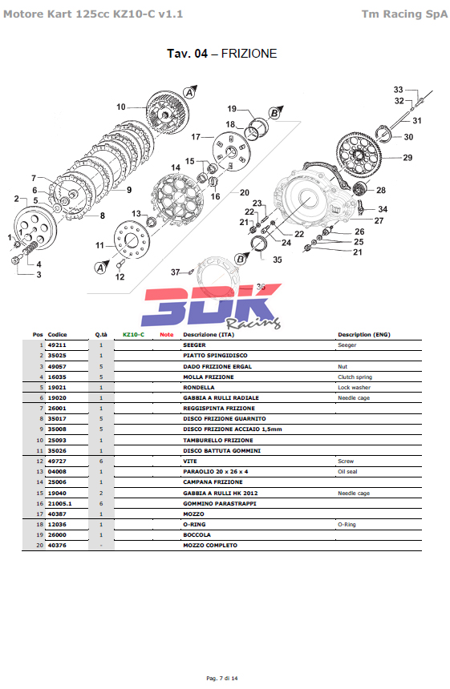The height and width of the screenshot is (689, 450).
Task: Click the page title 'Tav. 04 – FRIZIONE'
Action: tap(221, 54)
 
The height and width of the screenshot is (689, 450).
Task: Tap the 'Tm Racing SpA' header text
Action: tap(404, 14)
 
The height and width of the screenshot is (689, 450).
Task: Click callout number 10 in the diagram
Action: tap(121, 107)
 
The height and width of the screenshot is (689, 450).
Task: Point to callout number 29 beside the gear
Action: tap(407, 157)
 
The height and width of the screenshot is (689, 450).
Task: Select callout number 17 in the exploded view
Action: tap(196, 137)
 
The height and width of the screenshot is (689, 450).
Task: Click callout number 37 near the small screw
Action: tap(176, 272)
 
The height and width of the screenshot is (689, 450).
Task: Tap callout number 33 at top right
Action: tap(398, 90)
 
